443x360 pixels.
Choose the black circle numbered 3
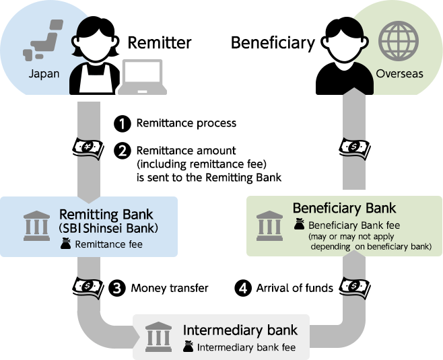point(117,288)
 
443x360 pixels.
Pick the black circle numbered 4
point(242,288)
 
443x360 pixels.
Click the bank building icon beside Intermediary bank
point(158,334)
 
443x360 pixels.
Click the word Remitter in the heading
point(160,43)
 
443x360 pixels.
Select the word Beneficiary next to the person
point(273,43)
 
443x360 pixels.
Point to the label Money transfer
point(170,288)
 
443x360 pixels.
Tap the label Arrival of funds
point(295,288)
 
